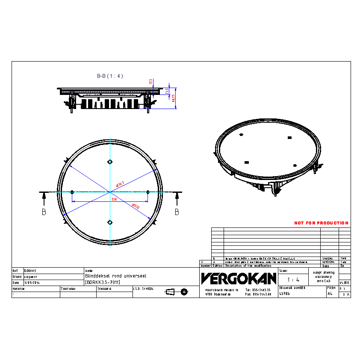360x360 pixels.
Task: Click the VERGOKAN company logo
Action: [x=239, y=279]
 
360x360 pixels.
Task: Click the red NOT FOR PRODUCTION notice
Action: [x=321, y=223]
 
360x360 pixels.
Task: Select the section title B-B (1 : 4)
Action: [x=110, y=76]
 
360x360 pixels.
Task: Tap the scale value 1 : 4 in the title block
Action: [x=293, y=280]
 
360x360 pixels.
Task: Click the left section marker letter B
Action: [x=44, y=212]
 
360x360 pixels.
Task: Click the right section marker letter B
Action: [x=177, y=212]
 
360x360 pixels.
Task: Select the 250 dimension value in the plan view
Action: [x=114, y=200]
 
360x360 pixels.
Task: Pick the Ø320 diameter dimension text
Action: [x=135, y=207]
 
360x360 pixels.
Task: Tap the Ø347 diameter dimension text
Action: [x=120, y=184]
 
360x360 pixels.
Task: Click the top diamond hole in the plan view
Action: [x=110, y=162]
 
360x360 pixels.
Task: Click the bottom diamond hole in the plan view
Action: [x=110, y=221]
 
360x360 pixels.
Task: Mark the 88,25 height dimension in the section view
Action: [x=174, y=98]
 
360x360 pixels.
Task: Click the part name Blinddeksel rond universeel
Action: [x=116, y=276]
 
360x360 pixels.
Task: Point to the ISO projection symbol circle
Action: [x=184, y=292]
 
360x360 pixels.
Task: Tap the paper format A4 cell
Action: [x=330, y=294]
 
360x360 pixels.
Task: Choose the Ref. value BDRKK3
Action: [x=30, y=271]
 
